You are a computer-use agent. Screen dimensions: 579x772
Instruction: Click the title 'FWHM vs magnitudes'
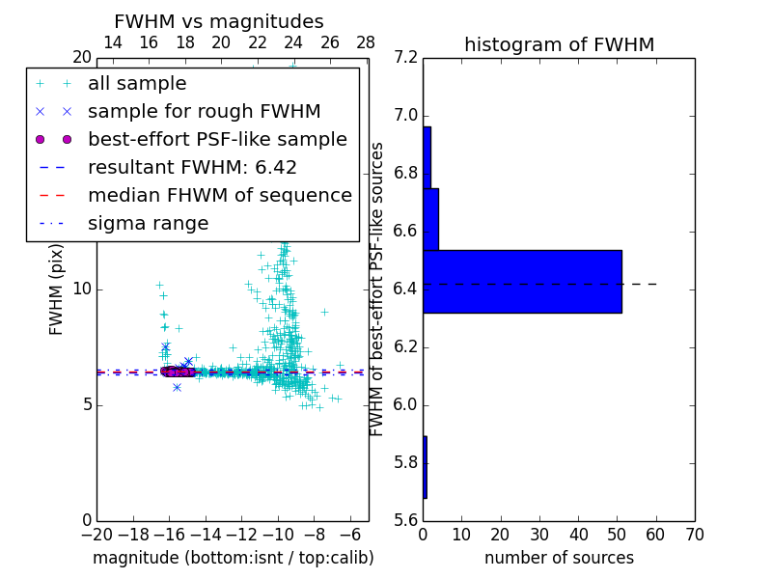pyautogui.click(x=219, y=21)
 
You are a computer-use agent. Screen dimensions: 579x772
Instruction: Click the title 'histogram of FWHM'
pyautogui.click(x=559, y=44)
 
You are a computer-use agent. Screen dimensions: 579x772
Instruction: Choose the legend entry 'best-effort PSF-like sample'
pyautogui.click(x=217, y=139)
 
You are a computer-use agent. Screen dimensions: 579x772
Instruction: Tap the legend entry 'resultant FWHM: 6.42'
pyautogui.click(x=192, y=167)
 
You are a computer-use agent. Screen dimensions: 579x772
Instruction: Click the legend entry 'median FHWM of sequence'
pyautogui.click(x=219, y=195)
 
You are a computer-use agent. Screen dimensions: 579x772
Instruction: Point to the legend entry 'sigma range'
pyautogui.click(x=148, y=224)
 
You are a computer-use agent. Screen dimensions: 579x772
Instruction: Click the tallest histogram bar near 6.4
pyautogui.click(x=522, y=281)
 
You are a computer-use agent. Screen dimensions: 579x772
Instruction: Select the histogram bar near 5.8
pyautogui.click(x=425, y=467)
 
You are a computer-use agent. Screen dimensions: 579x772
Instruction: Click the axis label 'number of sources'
pyautogui.click(x=559, y=558)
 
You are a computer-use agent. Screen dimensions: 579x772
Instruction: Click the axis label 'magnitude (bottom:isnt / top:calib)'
pyautogui.click(x=233, y=558)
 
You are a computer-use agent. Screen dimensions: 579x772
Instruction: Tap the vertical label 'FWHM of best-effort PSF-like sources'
pyautogui.click(x=377, y=289)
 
